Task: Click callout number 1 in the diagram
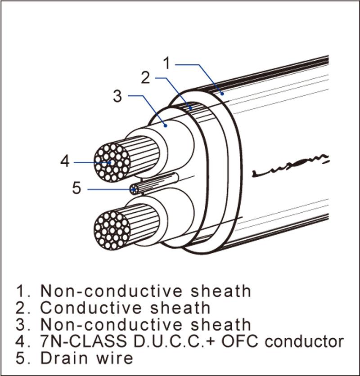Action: click(x=166, y=64)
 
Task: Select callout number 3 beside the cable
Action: click(x=117, y=95)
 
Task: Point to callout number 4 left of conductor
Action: click(x=65, y=161)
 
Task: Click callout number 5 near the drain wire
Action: click(x=77, y=188)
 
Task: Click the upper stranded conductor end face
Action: click(x=112, y=162)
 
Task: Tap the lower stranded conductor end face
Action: click(x=112, y=228)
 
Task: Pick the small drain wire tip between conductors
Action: click(x=134, y=189)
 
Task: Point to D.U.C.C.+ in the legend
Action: click(x=171, y=341)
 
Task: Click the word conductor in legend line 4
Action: click(x=304, y=341)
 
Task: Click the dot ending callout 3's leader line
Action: click(x=166, y=125)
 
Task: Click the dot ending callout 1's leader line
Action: click(x=222, y=93)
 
